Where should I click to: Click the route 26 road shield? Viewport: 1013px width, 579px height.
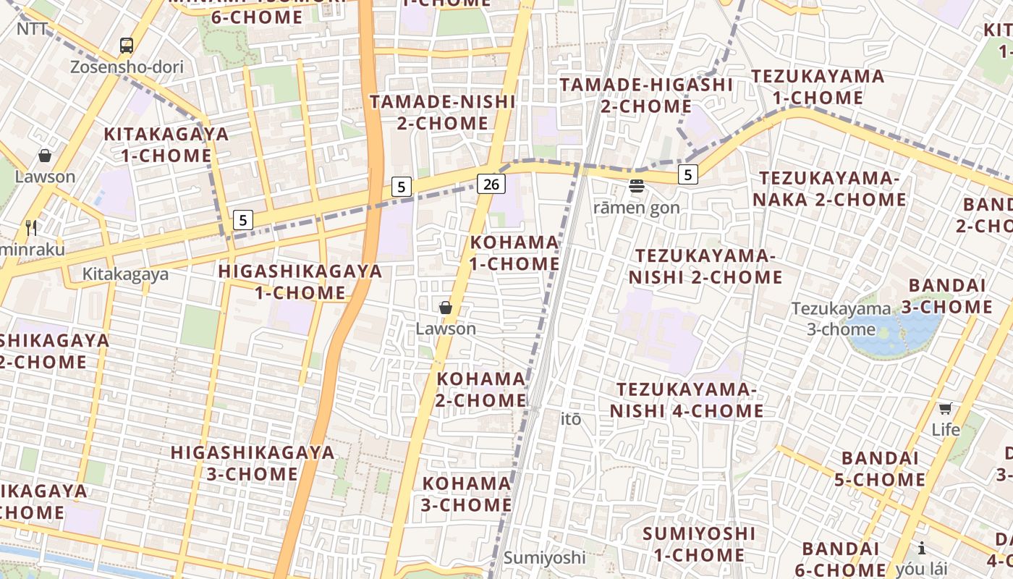(491, 184)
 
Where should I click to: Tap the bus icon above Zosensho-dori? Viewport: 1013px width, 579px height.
(127, 46)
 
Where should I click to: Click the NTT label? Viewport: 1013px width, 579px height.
(32, 29)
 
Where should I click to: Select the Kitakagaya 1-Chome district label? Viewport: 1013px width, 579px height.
(166, 145)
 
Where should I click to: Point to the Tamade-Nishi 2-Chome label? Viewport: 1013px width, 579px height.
(442, 112)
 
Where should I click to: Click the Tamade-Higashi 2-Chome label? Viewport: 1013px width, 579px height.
(646, 96)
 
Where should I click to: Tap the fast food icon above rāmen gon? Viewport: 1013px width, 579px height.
(637, 187)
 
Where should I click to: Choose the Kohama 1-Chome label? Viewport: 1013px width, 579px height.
(514, 253)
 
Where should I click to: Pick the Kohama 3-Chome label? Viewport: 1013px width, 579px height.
(467, 494)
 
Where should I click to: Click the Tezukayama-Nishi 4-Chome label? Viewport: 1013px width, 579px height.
(686, 400)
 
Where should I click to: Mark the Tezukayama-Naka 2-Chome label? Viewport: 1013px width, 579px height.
(832, 188)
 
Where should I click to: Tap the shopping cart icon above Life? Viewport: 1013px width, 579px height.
(945, 408)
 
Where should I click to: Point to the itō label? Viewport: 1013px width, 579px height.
(571, 419)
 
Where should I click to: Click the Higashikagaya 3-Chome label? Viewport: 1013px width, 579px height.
(253, 463)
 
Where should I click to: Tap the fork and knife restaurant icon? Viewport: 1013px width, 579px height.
(31, 227)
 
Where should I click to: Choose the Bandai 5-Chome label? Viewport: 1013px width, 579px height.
(883, 468)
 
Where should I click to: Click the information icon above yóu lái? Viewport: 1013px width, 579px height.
(922, 548)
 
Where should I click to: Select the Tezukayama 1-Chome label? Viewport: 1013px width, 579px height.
(818, 87)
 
